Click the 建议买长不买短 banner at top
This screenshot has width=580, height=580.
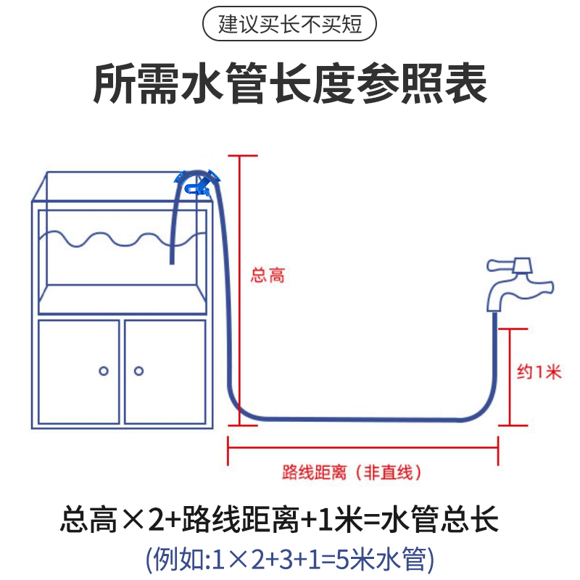[290, 26]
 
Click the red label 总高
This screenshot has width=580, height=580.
[268, 275]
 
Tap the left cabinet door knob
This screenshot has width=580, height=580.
[104, 371]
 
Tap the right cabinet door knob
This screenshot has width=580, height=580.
[138, 371]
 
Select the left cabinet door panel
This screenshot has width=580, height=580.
[78, 371]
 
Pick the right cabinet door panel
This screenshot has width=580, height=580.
[164, 371]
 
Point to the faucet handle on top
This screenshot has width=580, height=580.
[510, 262]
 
